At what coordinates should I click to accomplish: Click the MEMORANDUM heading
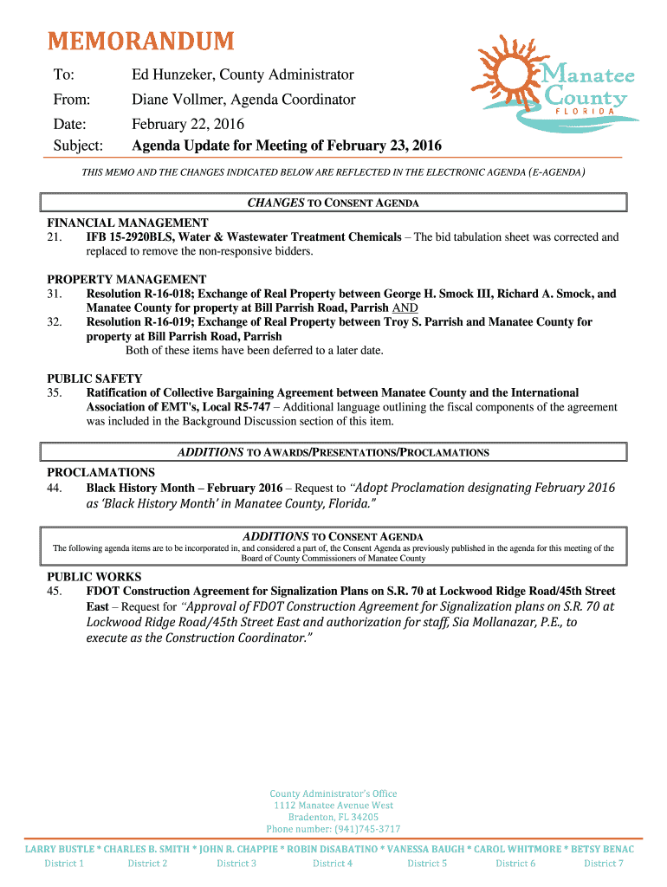(x=140, y=41)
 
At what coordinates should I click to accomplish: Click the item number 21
(x=55, y=237)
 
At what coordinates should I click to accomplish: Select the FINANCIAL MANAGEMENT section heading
(x=127, y=223)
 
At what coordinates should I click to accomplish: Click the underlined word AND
(x=405, y=308)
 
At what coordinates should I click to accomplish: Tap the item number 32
(x=55, y=322)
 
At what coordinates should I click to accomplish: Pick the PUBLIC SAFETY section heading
(x=94, y=379)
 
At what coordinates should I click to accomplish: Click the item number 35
(x=55, y=393)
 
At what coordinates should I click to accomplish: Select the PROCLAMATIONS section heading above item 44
(x=101, y=473)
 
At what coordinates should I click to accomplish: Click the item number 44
(x=55, y=489)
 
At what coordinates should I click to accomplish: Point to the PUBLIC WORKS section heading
(x=94, y=577)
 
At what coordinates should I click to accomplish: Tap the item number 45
(x=55, y=592)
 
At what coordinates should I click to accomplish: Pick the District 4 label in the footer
(x=333, y=864)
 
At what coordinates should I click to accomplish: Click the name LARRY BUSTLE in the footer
(x=59, y=850)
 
